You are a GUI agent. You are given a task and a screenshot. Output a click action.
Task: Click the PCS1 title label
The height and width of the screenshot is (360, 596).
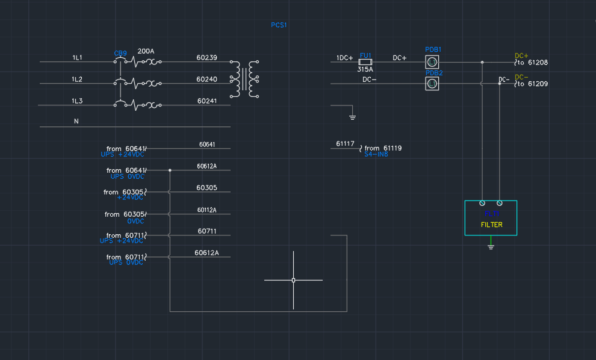tap(279, 25)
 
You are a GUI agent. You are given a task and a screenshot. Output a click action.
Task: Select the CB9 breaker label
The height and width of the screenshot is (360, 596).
tap(120, 54)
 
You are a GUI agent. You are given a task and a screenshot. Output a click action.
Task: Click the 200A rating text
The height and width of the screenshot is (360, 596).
tap(146, 51)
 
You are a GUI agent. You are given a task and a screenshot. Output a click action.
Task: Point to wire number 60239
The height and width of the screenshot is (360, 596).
tap(206, 58)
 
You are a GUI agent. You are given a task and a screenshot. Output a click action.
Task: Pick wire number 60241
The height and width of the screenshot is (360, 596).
tap(207, 101)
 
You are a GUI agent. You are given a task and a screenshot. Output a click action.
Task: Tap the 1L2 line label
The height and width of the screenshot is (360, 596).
tap(77, 79)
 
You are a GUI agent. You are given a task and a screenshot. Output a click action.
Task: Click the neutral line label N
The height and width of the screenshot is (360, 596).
tap(76, 122)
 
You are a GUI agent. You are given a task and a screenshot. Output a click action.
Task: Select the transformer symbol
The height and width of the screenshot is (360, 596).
tap(244, 79)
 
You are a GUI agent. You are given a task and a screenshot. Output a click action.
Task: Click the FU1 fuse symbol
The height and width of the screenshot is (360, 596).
tap(365, 62)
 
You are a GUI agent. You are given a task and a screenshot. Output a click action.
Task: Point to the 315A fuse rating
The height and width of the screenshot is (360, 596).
tap(365, 70)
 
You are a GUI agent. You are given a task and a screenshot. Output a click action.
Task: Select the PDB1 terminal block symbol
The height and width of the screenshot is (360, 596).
tap(432, 62)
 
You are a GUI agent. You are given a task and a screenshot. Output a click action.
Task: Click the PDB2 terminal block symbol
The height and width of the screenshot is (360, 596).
tap(432, 84)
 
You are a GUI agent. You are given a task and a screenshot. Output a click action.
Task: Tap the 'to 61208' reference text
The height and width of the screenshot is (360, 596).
tap(533, 63)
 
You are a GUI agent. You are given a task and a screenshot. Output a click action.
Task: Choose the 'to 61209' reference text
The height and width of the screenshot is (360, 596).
tap(533, 84)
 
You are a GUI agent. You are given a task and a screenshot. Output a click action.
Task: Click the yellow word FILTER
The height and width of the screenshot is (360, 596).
tap(491, 225)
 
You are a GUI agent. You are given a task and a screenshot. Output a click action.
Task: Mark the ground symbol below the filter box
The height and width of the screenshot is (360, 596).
tap(491, 246)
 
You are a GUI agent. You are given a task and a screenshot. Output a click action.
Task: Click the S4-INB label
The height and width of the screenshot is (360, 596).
tap(376, 155)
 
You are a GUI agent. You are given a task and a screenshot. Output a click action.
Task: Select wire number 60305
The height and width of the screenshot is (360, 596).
tap(206, 188)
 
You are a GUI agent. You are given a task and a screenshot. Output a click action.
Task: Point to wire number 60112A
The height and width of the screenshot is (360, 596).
tap(206, 210)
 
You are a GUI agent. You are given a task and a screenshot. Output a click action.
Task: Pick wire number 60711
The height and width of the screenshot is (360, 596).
tap(206, 231)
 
